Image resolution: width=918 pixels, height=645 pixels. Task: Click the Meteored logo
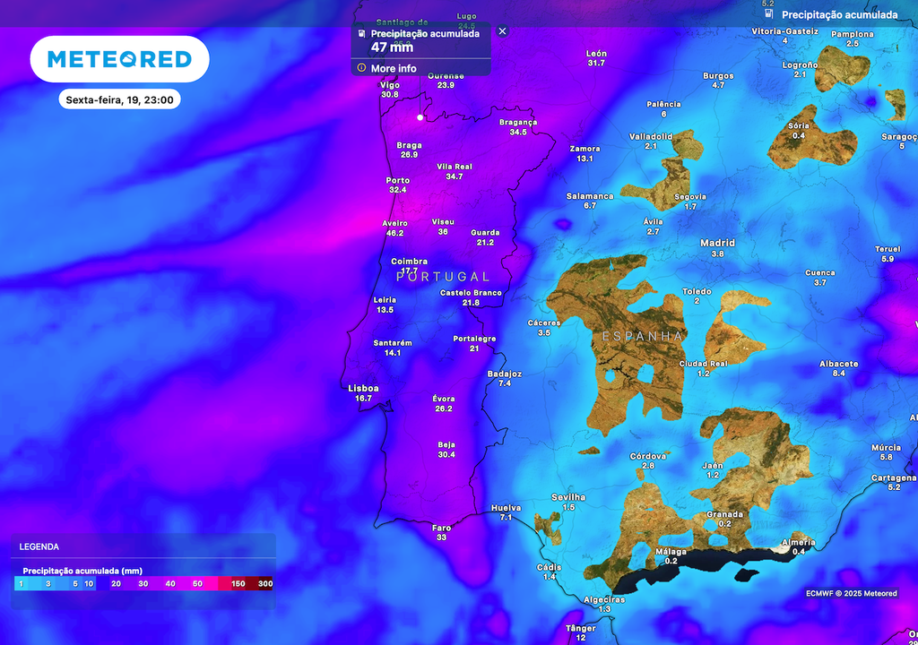[119, 59]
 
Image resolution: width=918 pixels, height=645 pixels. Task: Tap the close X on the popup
[502, 30]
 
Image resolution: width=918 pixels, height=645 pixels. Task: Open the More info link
[394, 68]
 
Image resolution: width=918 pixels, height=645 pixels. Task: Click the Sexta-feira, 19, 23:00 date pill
[119, 99]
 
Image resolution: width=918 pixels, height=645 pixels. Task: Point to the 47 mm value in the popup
[392, 47]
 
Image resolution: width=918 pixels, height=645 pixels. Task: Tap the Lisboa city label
[363, 388]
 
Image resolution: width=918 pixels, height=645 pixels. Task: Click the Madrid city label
[717, 243]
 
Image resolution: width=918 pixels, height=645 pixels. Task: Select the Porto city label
[397, 180]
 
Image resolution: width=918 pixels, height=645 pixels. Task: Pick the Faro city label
[441, 528]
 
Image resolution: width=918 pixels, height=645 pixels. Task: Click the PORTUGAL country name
[443, 277]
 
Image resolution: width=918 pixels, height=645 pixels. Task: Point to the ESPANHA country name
[643, 336]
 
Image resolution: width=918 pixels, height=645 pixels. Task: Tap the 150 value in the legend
[238, 584]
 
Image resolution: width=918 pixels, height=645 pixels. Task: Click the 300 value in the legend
[264, 584]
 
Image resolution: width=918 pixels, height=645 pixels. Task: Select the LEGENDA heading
[39, 546]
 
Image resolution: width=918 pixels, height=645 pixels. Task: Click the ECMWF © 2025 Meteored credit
[851, 593]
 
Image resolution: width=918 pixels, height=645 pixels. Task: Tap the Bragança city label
[518, 122]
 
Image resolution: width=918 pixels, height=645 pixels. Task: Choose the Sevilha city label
[568, 497]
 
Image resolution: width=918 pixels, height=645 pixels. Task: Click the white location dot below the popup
[420, 116]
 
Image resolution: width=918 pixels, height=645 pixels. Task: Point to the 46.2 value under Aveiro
[394, 233]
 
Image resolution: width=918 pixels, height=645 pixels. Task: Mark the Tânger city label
[580, 628]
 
